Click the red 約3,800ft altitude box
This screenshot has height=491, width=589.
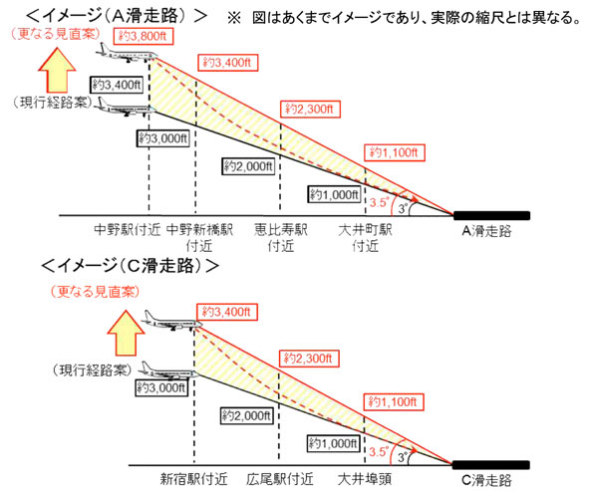click(144, 37)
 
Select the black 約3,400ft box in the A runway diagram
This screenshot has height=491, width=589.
click(117, 85)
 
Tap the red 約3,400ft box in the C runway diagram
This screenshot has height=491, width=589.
click(227, 312)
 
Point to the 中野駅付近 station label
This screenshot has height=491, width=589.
click(128, 230)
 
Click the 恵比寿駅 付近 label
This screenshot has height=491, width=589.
click(281, 238)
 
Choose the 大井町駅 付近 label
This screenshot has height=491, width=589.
click(365, 238)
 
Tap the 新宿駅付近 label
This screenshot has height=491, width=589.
click(193, 479)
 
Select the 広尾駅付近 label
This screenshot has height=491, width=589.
click(280, 479)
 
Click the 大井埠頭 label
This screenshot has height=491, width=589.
click(365, 479)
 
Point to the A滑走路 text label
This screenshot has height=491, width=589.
click(486, 230)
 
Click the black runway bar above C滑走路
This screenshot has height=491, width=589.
click(491, 465)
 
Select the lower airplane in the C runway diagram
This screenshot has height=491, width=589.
click(167, 371)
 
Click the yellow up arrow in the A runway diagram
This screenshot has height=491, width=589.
click(57, 70)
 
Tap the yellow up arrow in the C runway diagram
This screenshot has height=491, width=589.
click(126, 333)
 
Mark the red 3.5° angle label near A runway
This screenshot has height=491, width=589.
click(379, 202)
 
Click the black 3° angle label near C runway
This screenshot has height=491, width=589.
click(403, 457)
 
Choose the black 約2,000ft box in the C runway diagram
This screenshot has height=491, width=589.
click(246, 416)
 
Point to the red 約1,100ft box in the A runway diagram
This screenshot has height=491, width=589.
click(395, 152)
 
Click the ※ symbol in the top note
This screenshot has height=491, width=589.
click(234, 18)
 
